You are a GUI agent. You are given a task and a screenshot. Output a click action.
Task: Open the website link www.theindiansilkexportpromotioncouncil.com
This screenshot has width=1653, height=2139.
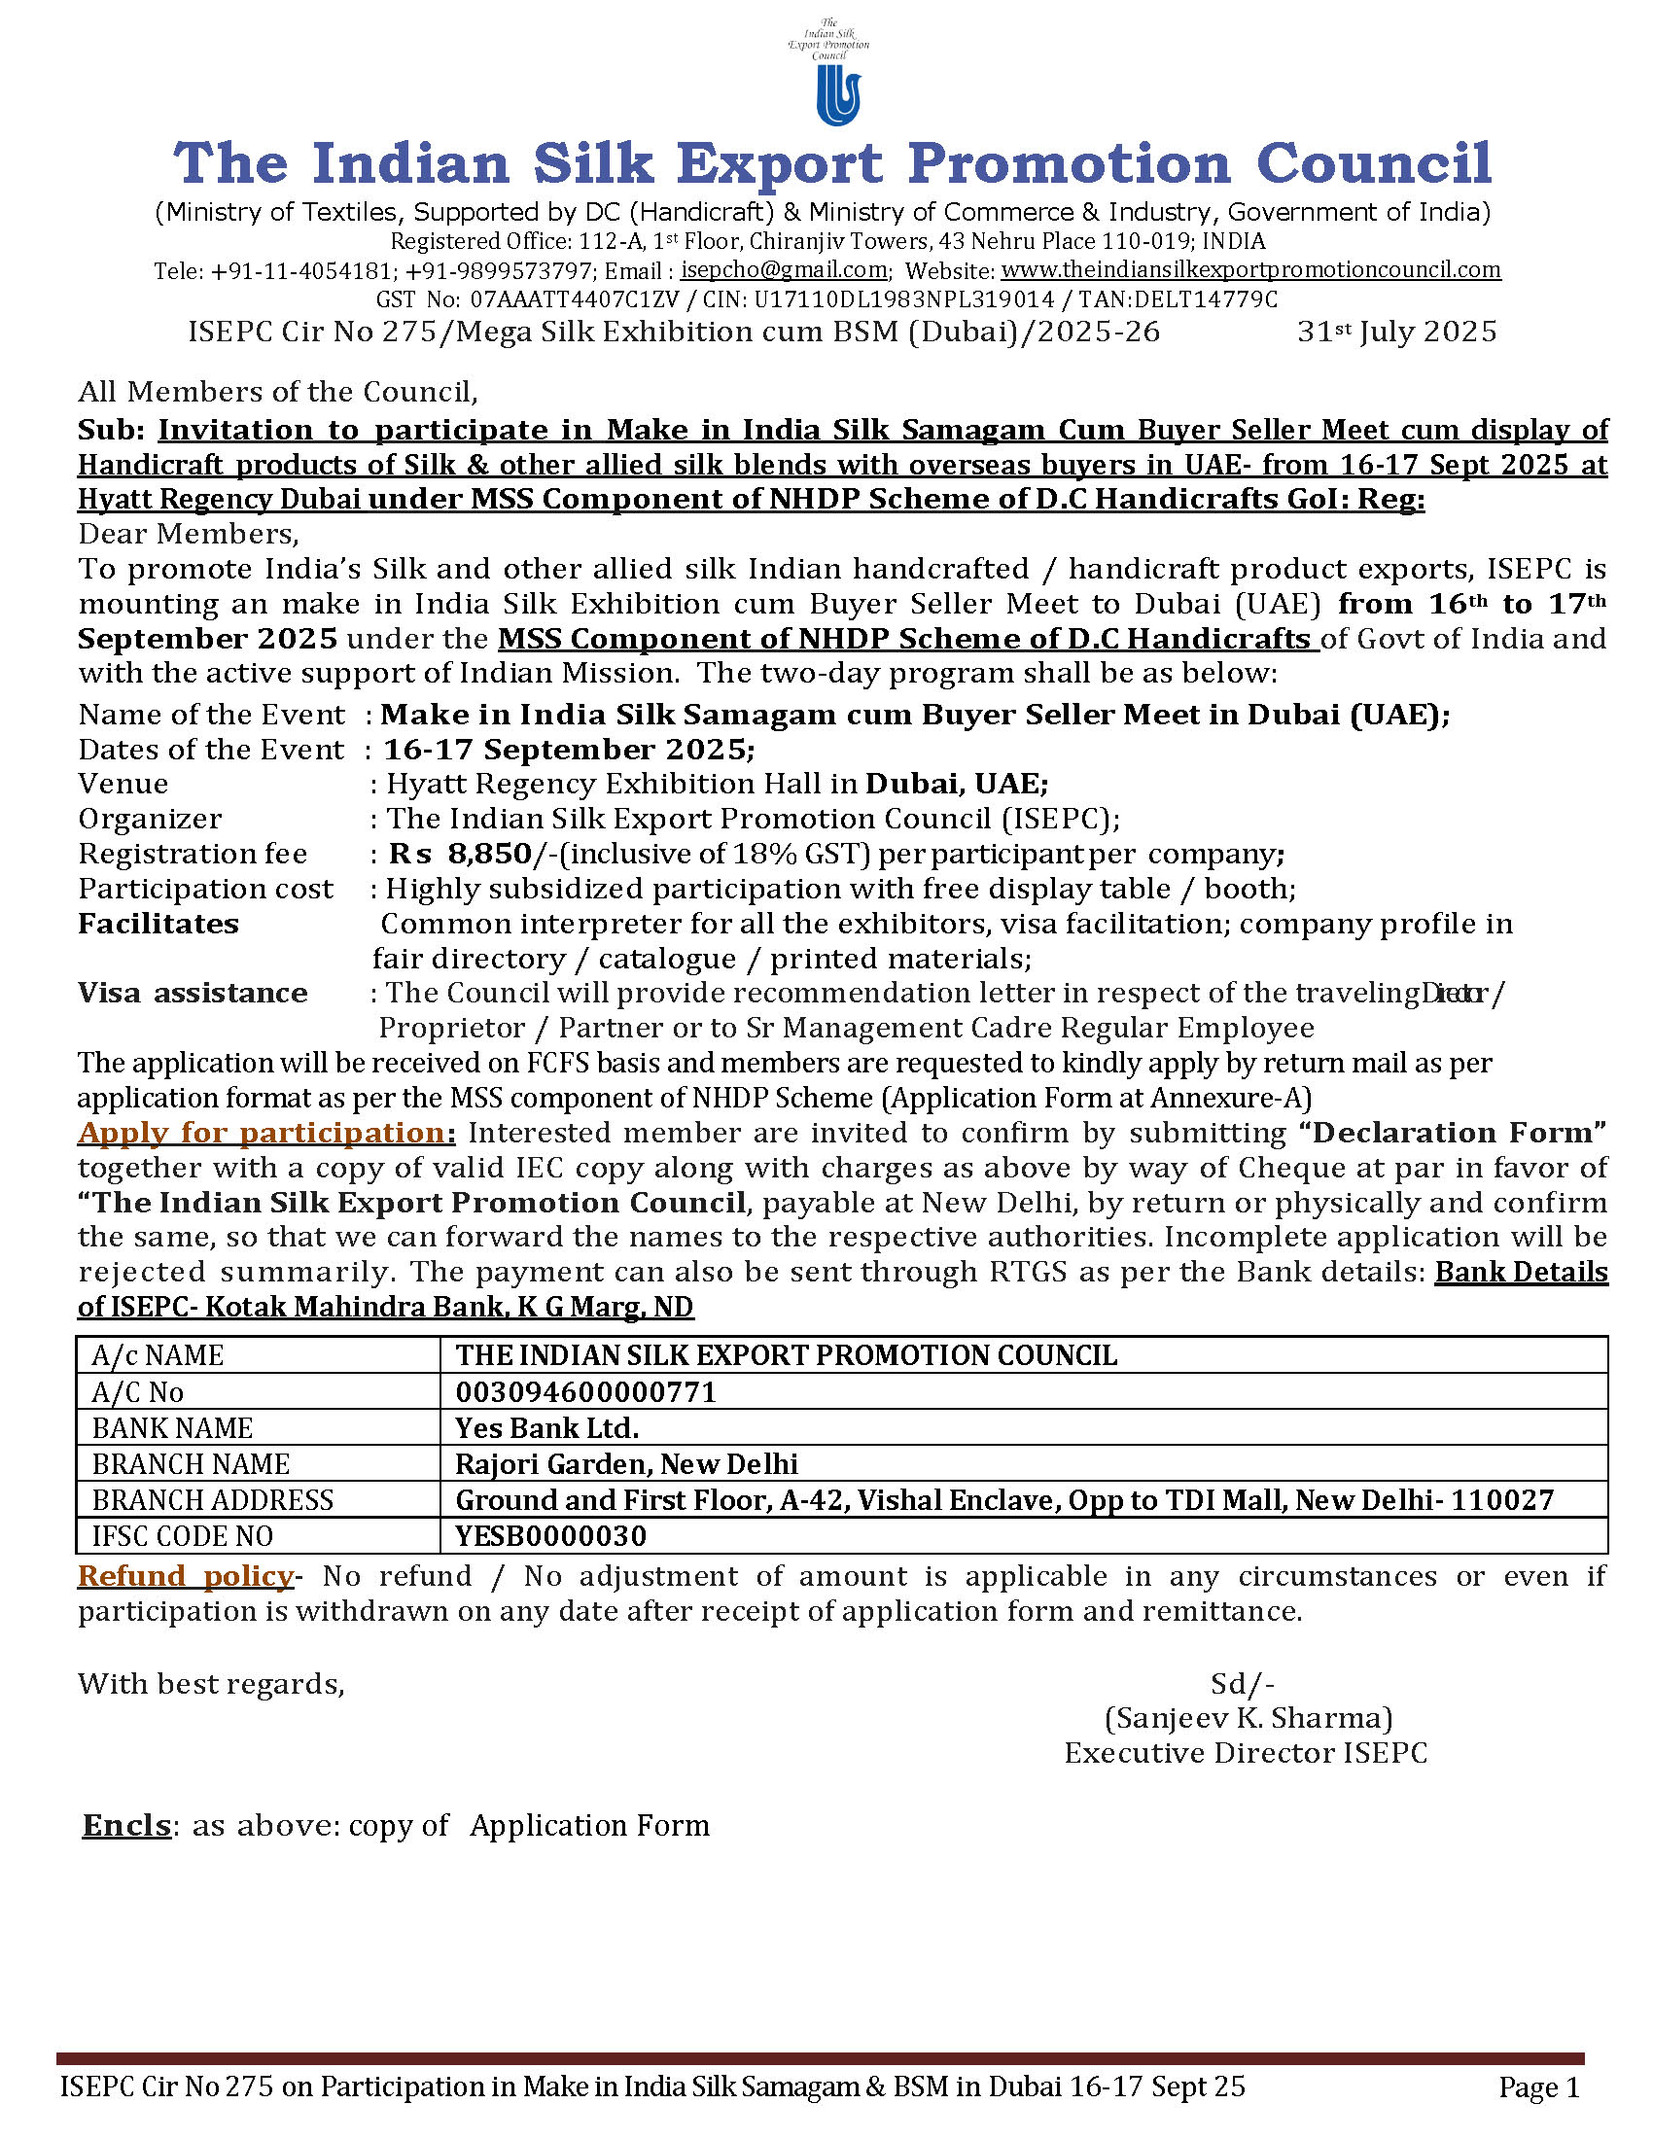pyautogui.click(x=1250, y=269)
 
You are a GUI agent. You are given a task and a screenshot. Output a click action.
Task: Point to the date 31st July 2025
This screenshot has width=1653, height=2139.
pyautogui.click(x=1396, y=332)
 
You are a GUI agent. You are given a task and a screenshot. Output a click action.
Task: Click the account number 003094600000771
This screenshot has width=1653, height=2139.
pyautogui.click(x=585, y=1391)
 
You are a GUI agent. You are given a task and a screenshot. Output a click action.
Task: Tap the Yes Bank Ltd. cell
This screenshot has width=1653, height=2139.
pyautogui.click(x=546, y=1428)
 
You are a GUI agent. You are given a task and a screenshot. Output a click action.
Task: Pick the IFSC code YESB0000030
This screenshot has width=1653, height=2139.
pyautogui.click(x=550, y=1535)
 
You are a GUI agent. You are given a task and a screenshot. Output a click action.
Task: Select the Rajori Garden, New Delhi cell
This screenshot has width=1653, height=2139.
pyautogui.click(x=626, y=1464)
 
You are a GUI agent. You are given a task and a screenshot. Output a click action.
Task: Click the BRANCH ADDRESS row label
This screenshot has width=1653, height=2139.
pyautogui.click(x=213, y=1500)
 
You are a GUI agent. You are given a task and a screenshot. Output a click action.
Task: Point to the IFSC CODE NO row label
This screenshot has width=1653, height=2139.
pyautogui.click(x=182, y=1535)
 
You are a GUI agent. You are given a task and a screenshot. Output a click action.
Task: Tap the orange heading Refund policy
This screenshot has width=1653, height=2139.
pyautogui.click(x=186, y=1576)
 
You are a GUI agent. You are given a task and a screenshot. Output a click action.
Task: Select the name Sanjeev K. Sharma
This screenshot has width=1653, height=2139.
pyautogui.click(x=1248, y=1718)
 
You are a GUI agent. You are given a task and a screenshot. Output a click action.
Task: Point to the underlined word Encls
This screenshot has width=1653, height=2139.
pyautogui.click(x=126, y=1826)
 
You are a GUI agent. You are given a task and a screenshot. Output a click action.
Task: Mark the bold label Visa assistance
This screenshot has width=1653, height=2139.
pyautogui.click(x=192, y=993)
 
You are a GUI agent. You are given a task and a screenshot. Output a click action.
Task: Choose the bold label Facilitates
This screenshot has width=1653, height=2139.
pyautogui.click(x=158, y=924)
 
